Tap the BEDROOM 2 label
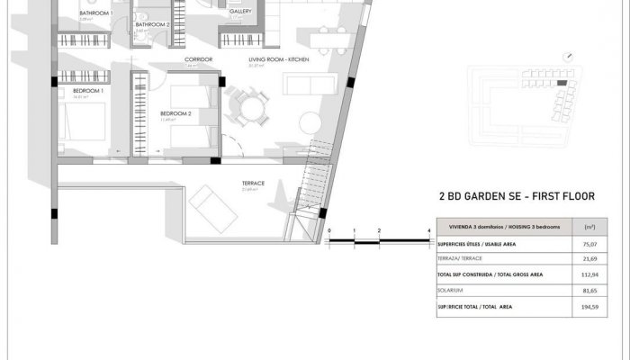click(x=175, y=113)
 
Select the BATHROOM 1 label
click(x=95, y=13)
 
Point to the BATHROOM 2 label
click(x=152, y=25)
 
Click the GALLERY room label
click(x=239, y=13)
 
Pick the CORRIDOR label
click(x=198, y=59)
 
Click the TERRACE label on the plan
click(x=252, y=183)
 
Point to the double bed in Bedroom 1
click(x=81, y=126)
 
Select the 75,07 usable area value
click(x=589, y=242)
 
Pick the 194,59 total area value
click(x=589, y=308)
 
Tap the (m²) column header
click(x=589, y=226)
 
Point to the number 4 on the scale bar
click(x=428, y=231)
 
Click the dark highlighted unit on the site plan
click(x=562, y=83)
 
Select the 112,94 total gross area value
click(x=589, y=274)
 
